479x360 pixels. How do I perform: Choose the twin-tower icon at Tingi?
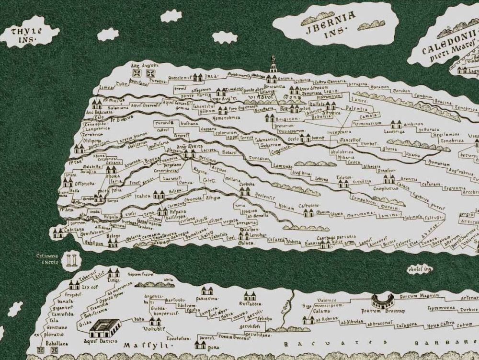click(x=114, y=274)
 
